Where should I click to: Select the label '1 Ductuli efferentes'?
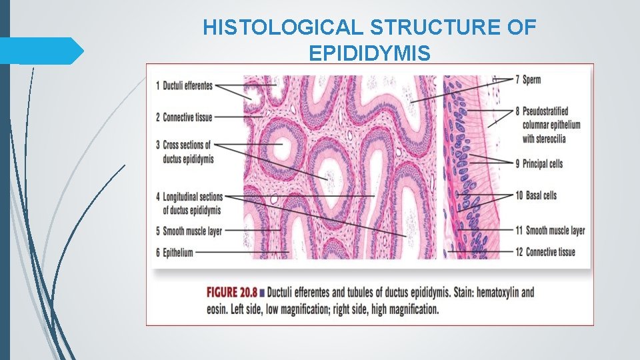184,85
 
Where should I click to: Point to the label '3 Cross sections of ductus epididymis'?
184,152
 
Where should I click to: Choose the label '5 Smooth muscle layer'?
189,231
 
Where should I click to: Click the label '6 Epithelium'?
175,253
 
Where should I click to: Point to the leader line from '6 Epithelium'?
240,253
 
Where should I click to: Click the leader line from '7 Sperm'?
460,89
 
